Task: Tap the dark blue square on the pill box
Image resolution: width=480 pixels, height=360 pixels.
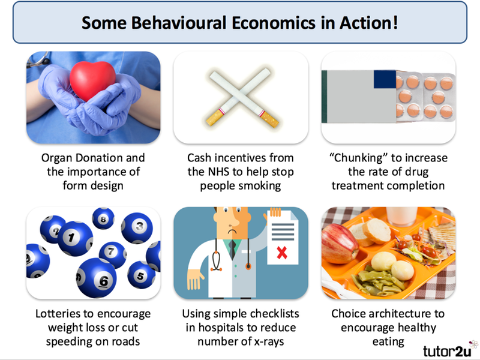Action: pyautogui.click(x=385, y=79)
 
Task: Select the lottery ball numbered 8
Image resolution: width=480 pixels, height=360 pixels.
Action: pyautogui.click(x=103, y=218)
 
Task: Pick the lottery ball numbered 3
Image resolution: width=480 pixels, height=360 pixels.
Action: pyautogui.click(x=137, y=228)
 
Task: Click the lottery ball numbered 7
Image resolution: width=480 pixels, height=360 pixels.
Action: pyautogui.click(x=113, y=254)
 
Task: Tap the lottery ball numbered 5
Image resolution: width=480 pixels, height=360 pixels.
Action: pyautogui.click(x=141, y=275)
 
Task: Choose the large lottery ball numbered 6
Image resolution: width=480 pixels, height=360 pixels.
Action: pyautogui.click(x=97, y=278)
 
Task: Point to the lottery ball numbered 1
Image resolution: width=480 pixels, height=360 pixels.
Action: pyautogui.click(x=75, y=238)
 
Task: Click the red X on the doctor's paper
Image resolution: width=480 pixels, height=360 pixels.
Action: pyautogui.click(x=281, y=253)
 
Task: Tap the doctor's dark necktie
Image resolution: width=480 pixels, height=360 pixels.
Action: pyautogui.click(x=232, y=249)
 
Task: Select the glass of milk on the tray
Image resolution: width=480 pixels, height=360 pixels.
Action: pyautogui.click(x=401, y=217)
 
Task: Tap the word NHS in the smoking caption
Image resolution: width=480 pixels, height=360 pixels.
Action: pyautogui.click(x=218, y=172)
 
